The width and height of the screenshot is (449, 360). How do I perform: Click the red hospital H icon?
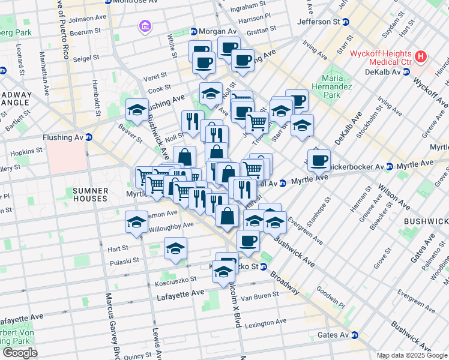[421, 58]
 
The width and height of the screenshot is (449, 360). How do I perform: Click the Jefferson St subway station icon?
[346, 22]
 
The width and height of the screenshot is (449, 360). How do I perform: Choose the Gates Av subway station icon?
[355, 335]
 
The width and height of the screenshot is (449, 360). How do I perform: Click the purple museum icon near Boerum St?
[144, 26]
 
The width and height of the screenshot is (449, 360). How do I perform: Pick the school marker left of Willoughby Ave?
[136, 223]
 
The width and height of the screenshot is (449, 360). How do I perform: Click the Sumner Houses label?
[90, 194]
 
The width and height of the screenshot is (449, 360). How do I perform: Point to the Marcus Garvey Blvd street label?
[110, 325]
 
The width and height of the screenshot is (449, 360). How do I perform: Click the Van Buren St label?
[256, 297]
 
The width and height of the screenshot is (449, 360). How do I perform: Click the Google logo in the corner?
[20, 353]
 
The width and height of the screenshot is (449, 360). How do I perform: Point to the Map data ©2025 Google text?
[412, 355]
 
